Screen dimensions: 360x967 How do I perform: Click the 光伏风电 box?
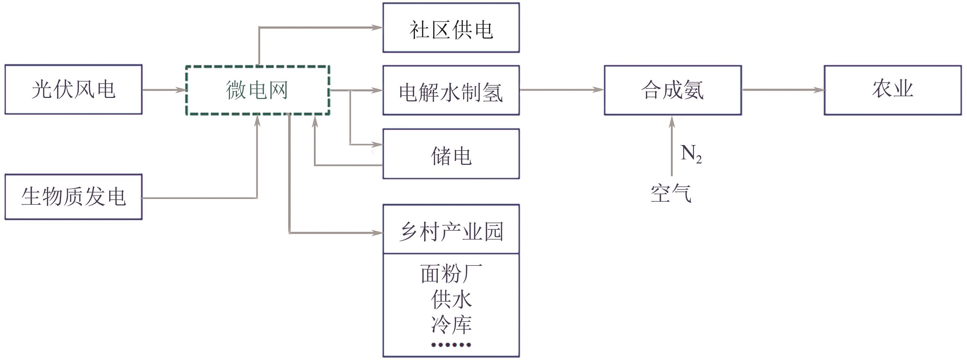pos(74,89)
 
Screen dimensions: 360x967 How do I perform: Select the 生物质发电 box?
pos(74,197)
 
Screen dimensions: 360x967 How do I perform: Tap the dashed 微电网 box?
pos(258,90)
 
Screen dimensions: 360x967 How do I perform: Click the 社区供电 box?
pos(451,28)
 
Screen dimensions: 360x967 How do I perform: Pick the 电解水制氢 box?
pos(451,90)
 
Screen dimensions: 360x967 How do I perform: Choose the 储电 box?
pos(451,154)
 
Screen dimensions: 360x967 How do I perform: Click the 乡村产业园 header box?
pos(451,229)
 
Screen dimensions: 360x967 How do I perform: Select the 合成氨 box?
pos(673,90)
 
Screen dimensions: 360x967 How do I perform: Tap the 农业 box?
pos(893,90)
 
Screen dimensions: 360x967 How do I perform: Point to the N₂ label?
pos(691,154)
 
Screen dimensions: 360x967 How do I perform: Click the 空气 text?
pos(671,194)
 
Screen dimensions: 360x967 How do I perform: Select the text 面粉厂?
pos(451,273)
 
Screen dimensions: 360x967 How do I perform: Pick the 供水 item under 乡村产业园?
pos(451,299)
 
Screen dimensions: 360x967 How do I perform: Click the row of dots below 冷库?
pos(451,345)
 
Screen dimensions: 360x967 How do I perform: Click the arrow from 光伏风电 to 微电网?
pos(164,90)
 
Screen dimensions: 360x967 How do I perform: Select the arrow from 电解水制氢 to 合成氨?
pos(562,90)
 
